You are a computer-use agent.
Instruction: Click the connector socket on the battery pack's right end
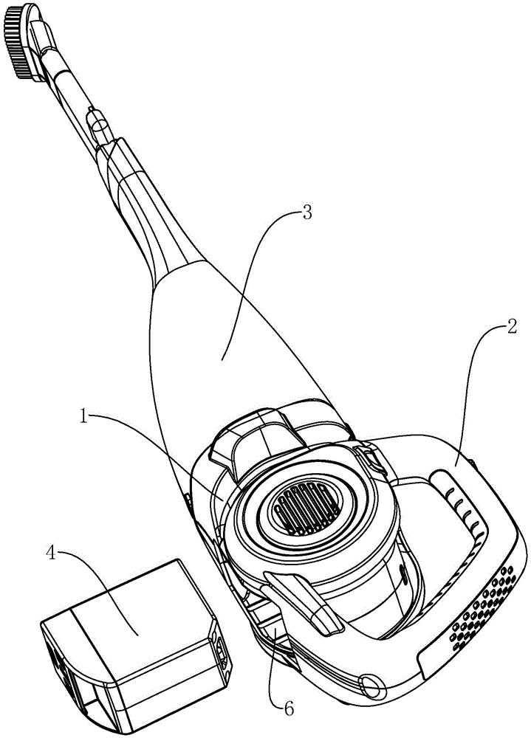point(221,649)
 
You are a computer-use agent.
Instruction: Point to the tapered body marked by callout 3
point(222,354)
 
